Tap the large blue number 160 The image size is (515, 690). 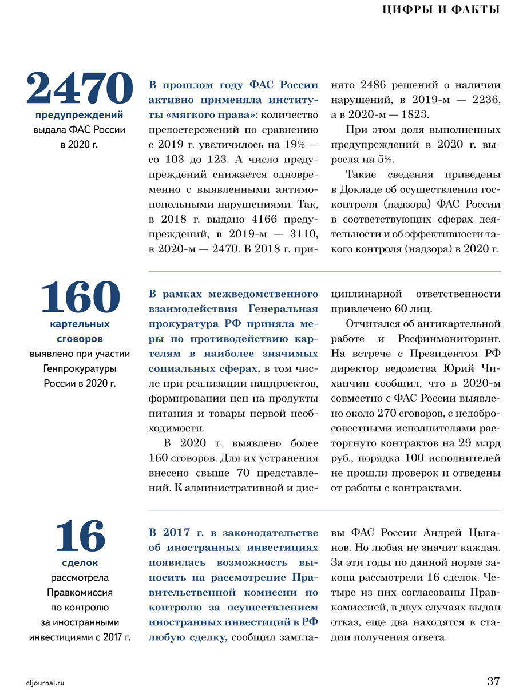(80, 297)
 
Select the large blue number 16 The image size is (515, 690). (80, 536)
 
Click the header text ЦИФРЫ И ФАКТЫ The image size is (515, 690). (441, 10)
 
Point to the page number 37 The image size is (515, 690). (493, 681)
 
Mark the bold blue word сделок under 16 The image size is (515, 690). (80, 562)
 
